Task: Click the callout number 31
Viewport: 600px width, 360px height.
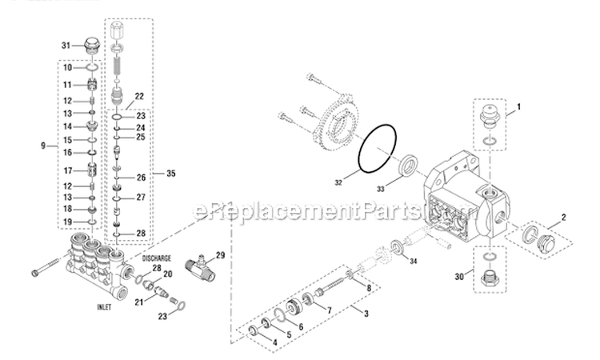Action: [66, 44]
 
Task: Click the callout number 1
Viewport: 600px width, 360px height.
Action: [518, 106]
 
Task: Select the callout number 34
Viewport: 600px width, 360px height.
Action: [413, 261]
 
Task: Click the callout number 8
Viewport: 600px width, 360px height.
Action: [368, 286]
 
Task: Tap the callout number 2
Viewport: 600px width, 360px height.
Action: [564, 217]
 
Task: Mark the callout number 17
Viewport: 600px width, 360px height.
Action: [67, 170]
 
